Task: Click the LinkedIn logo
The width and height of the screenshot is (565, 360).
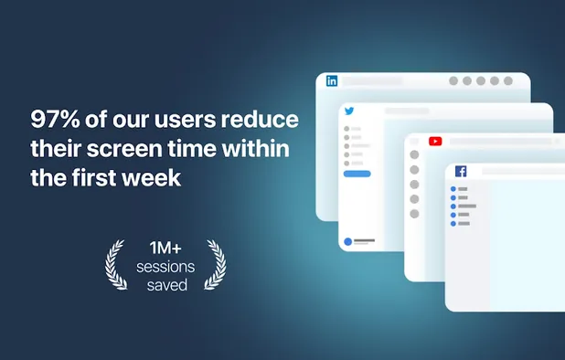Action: [x=331, y=80]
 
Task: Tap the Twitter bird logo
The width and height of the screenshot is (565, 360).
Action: [x=348, y=111]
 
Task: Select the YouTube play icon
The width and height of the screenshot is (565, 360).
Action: [x=435, y=141]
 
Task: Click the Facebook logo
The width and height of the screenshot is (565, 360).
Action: [x=460, y=171]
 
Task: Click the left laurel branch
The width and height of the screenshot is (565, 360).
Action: [x=116, y=265]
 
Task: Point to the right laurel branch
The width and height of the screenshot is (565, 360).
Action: [x=216, y=265]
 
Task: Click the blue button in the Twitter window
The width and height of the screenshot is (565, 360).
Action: [x=357, y=173]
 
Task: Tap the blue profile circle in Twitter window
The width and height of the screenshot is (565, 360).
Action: [x=348, y=242]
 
